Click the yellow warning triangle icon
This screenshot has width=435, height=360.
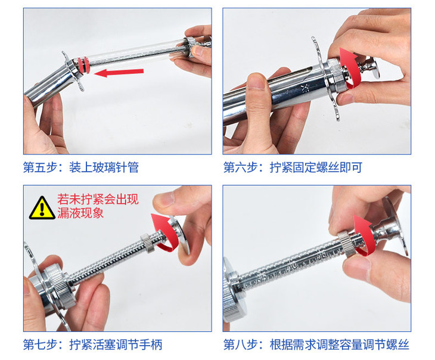42,208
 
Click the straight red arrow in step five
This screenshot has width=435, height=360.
119,72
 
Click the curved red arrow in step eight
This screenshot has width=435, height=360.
363,235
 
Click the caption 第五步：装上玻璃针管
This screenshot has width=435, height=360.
81,167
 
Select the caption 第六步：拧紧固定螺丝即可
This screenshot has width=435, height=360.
293,167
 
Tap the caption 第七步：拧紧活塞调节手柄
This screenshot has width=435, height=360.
92,345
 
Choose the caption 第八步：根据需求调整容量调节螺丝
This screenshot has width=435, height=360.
316,345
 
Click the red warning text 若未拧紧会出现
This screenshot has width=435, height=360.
98,199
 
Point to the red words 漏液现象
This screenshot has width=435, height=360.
80,213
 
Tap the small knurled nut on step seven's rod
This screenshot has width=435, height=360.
147,243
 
